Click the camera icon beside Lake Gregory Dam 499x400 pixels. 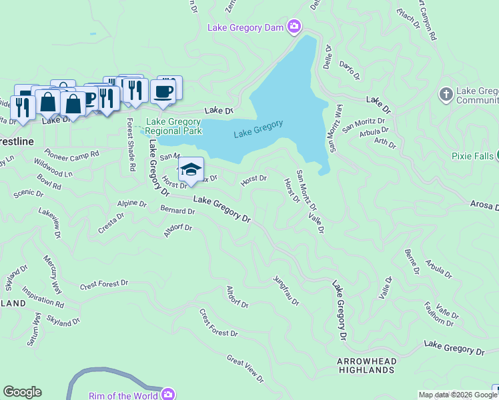[x=294, y=27]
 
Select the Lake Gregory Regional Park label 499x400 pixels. [x=173, y=126]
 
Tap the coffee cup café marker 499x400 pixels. [x=162, y=91]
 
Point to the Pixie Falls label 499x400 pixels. [x=470, y=156]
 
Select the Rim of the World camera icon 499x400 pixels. [x=168, y=395]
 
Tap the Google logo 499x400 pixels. [x=22, y=392]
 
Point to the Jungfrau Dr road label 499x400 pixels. [x=286, y=291]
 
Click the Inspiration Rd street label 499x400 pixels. [x=43, y=297]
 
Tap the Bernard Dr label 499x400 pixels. [x=177, y=211]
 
